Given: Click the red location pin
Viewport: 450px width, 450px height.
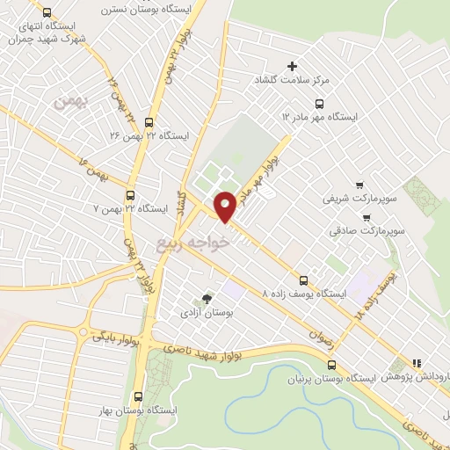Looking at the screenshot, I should [225, 206].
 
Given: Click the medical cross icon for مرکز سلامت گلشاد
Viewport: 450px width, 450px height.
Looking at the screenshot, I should [293, 66].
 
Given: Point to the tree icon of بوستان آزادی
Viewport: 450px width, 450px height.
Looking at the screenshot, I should [207, 299].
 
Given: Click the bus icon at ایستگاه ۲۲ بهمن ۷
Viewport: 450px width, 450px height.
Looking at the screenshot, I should [131, 195].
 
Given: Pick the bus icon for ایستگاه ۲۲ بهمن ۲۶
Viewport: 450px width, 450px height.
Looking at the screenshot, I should [148, 122].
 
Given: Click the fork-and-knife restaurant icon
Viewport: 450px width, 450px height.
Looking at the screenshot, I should [417, 361].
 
